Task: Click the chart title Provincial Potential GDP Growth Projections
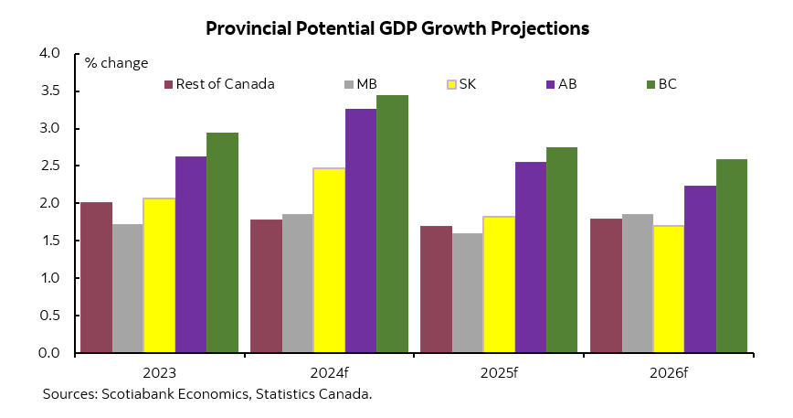(396, 28)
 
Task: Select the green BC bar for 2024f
(392, 224)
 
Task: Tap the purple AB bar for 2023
(191, 254)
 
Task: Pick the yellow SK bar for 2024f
(329, 261)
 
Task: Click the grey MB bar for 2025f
(467, 293)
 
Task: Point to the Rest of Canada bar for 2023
(96, 277)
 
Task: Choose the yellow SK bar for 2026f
(669, 289)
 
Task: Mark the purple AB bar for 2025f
(531, 257)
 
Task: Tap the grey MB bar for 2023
(128, 288)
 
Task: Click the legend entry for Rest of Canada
(219, 84)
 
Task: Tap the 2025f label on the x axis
(499, 373)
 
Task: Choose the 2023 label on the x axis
(159, 373)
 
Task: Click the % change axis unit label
(116, 62)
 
